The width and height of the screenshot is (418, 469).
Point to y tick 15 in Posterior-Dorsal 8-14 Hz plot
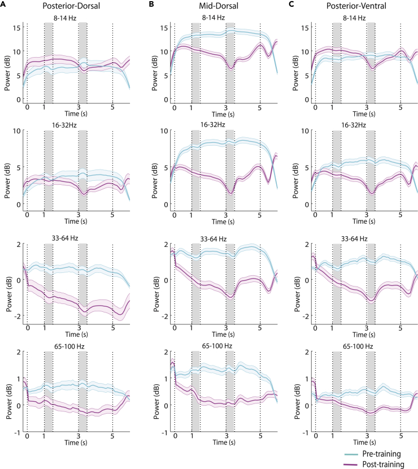(18, 28)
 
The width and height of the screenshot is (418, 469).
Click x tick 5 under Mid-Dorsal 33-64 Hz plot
(260, 328)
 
